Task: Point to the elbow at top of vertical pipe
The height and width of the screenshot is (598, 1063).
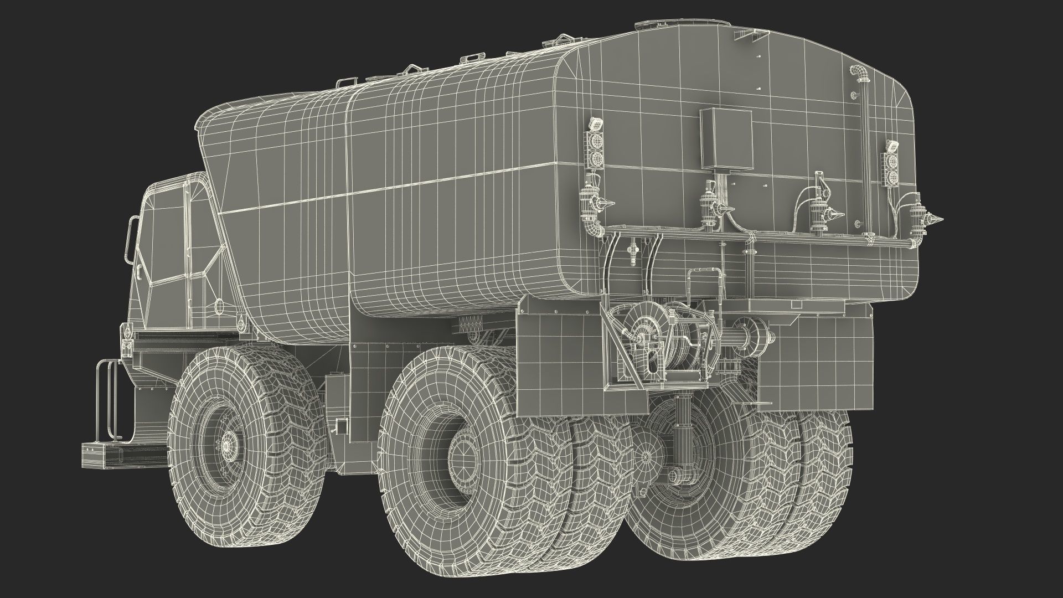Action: click(x=858, y=74)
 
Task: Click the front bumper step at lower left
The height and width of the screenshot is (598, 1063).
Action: click(x=103, y=452)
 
